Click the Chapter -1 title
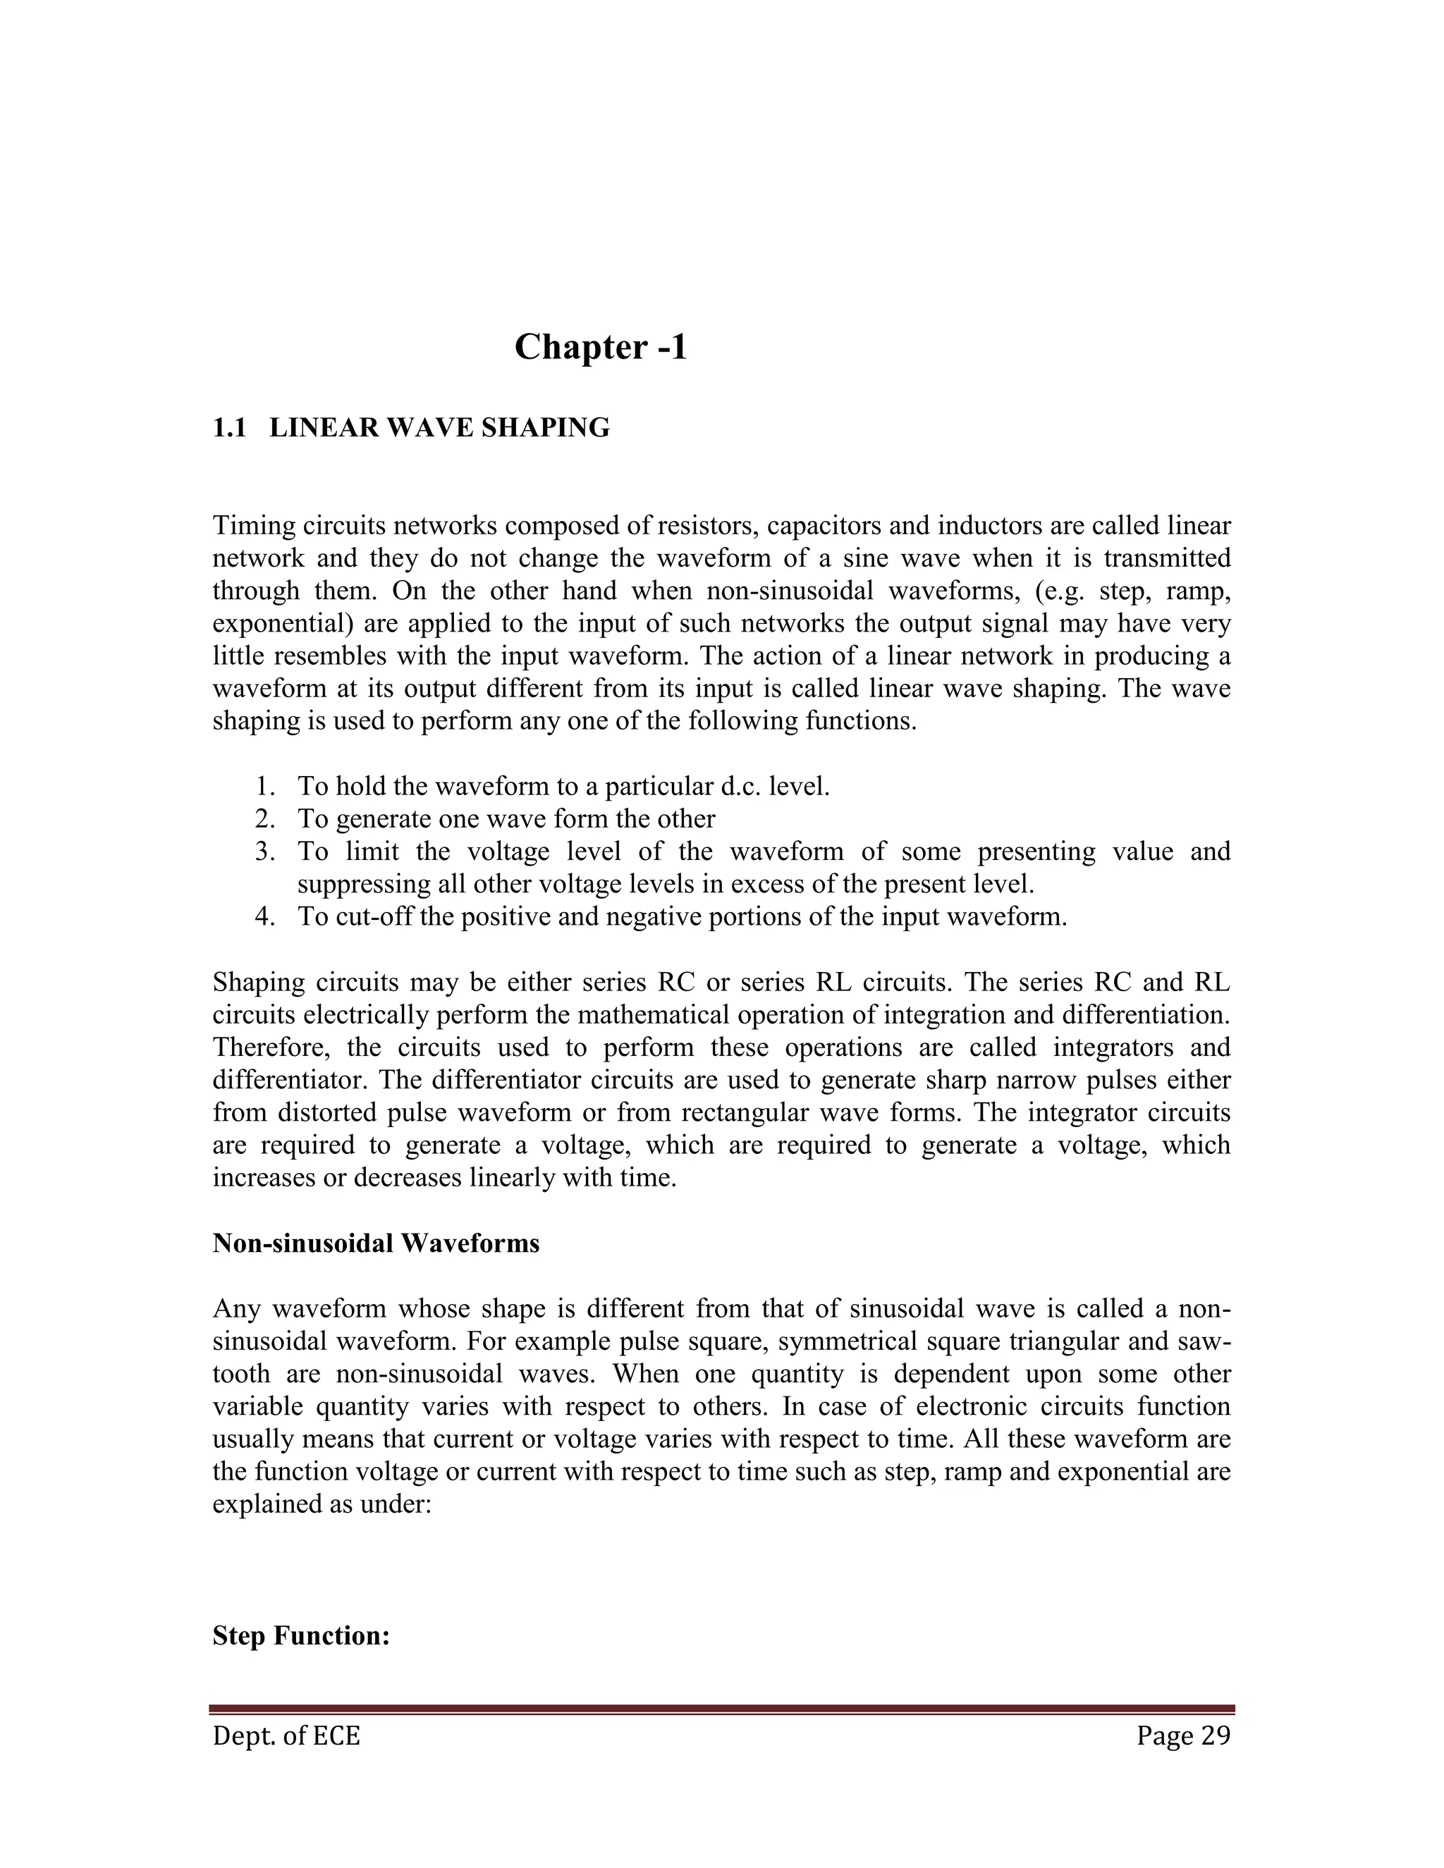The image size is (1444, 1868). point(601,348)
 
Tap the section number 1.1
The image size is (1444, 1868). point(228,428)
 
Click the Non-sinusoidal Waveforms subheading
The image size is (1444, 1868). point(376,1243)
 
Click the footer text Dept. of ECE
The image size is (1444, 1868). point(286,1736)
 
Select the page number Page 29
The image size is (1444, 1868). point(1183,1736)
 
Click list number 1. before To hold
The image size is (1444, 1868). point(265,787)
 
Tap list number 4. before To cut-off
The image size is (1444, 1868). point(265,917)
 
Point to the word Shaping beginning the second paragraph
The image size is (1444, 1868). point(257,983)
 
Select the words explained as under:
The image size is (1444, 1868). point(321,1504)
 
